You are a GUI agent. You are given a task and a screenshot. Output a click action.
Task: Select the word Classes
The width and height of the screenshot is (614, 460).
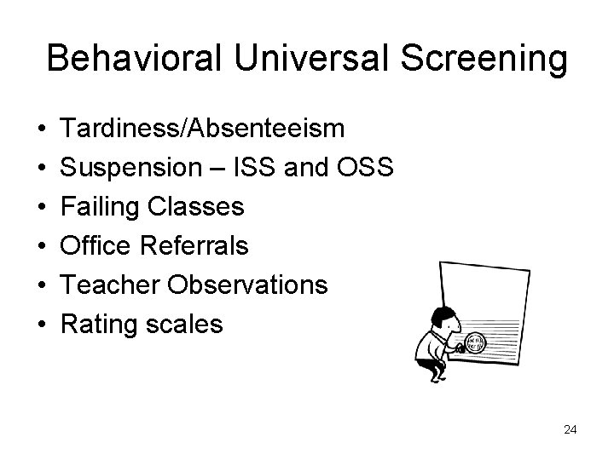point(203,207)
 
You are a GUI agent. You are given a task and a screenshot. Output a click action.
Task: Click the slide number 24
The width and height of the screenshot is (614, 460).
point(571,429)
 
